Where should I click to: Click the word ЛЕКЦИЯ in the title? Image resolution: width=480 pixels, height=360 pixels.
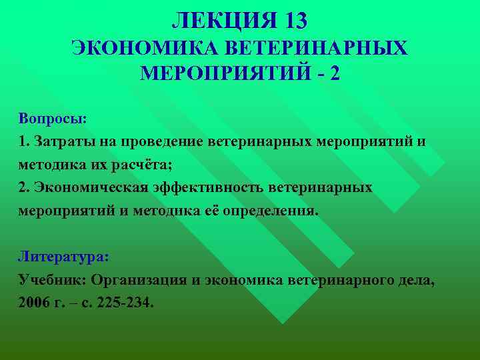coord(218,21)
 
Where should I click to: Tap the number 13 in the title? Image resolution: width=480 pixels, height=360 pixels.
coord(294,21)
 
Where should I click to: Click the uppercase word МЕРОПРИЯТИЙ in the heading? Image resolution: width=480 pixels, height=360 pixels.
coord(225,73)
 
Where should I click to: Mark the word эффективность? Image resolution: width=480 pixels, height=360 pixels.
coord(206,187)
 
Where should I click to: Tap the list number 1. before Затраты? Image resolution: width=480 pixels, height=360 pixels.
coord(24,141)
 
